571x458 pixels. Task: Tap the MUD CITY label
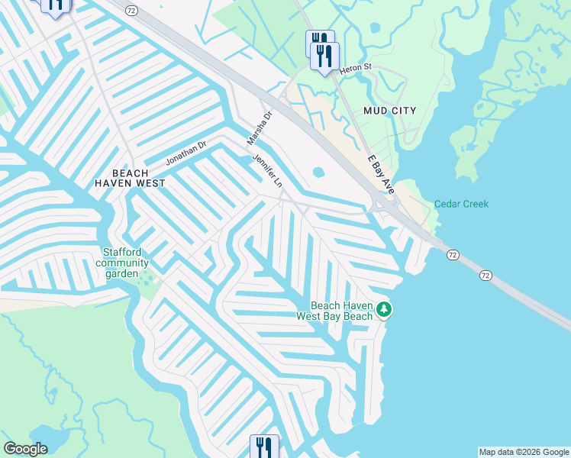pos(389,111)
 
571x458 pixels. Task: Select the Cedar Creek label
pos(461,204)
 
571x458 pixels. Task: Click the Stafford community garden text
pos(117,263)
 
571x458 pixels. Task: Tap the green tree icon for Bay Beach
pos(386,309)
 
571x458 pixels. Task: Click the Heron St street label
pos(355,67)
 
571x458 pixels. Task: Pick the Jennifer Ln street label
pos(268,171)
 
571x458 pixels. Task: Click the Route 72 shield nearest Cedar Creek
pos(453,254)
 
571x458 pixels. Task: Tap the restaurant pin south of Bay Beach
pos(264,446)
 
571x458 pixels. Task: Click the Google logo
pos(25,449)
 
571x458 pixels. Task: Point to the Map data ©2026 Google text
pos(524,452)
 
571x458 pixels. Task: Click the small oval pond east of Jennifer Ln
pos(318,173)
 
